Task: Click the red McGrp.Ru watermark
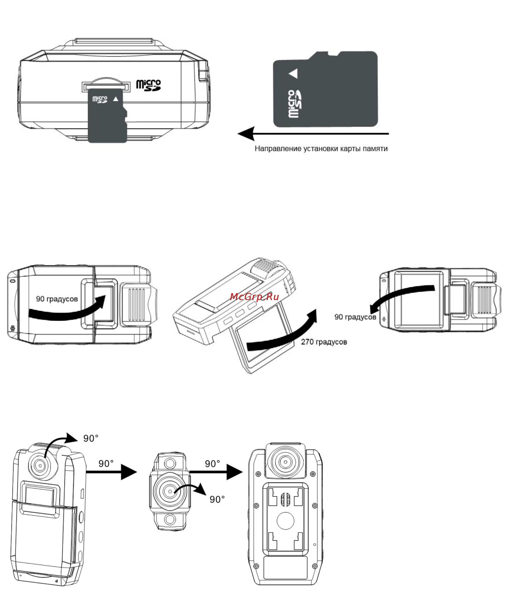tap(254, 297)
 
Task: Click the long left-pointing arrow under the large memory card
tap(313, 134)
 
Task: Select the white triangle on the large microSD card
tap(293, 74)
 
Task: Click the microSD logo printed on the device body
tap(148, 85)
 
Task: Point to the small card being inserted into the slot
tap(108, 120)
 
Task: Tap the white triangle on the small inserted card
tap(115, 99)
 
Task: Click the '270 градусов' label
tap(324, 342)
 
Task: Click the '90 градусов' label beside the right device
tap(355, 317)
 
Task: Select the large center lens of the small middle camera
tap(170, 491)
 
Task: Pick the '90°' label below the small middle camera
tap(217, 507)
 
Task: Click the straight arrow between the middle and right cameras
tap(216, 472)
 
